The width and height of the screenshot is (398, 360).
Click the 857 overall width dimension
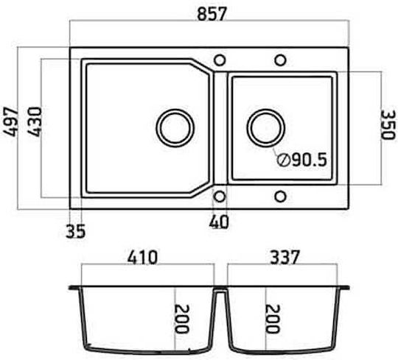pyautogui.click(x=212, y=14)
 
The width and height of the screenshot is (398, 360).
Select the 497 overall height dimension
pyautogui.click(x=10, y=122)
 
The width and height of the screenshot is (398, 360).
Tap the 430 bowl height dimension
pyautogui.click(x=35, y=122)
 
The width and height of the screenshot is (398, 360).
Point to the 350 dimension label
pyautogui.click(x=388, y=124)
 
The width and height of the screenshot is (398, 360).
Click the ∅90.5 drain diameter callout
pyautogui.click(x=301, y=160)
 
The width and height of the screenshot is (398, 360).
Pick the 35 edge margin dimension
pyautogui.click(x=75, y=231)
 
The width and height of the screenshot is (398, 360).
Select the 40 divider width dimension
pyautogui.click(x=219, y=222)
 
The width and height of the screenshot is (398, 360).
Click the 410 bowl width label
pyautogui.click(x=143, y=258)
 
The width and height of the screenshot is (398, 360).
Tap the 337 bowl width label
pyautogui.click(x=284, y=257)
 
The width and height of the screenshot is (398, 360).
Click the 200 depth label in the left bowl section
pyautogui.click(x=182, y=319)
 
